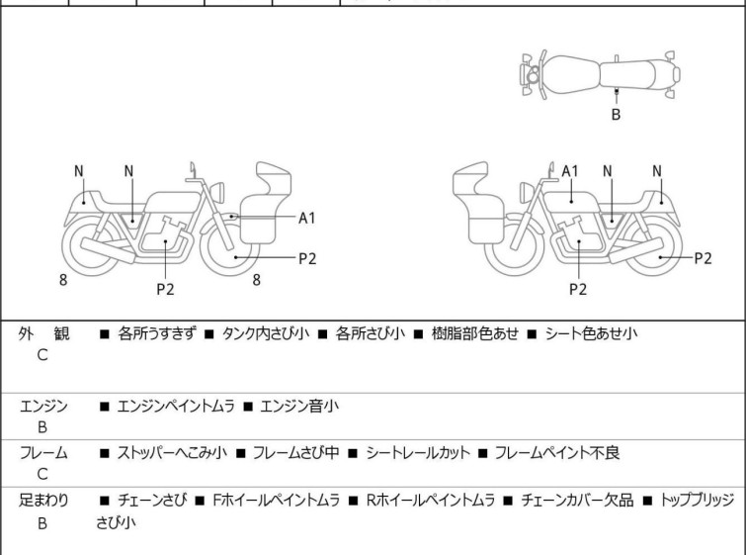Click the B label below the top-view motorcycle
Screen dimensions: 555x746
tap(616, 115)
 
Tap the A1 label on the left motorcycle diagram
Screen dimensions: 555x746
tap(307, 218)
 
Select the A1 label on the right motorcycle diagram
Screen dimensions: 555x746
tap(570, 171)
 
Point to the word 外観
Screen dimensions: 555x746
tap(44, 333)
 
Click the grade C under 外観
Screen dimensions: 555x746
tap(42, 356)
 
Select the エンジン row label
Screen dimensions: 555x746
tap(43, 405)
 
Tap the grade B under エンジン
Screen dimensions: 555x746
tap(42, 427)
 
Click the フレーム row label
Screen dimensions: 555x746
tap(43, 453)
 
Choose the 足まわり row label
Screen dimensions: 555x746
tap(43, 501)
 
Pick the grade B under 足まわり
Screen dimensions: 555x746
tap(42, 523)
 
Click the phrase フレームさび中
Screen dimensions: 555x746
tap(294, 453)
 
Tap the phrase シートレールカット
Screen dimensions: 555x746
tap(418, 453)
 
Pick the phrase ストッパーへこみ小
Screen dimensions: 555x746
tap(171, 453)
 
